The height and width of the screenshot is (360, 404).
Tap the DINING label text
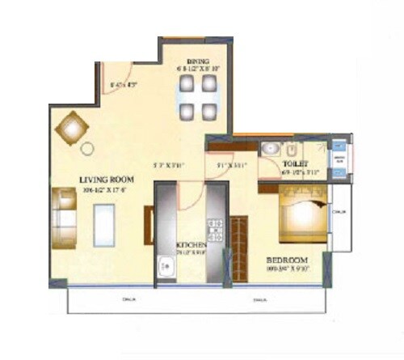(197, 60)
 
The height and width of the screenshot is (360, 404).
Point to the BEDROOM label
(285, 260)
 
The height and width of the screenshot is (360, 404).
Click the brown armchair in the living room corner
(70, 128)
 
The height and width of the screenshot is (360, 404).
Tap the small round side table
(87, 149)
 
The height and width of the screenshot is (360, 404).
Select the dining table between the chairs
(198, 100)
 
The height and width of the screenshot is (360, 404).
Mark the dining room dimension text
(198, 70)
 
